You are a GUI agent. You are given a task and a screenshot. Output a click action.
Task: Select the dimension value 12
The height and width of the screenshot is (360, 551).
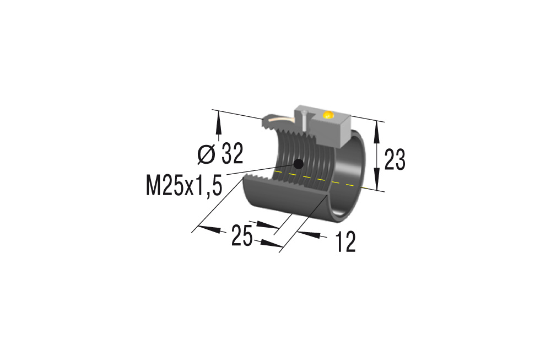click(x=345, y=243)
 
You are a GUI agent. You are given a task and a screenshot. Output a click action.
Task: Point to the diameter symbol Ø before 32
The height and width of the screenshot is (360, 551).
click(x=206, y=154)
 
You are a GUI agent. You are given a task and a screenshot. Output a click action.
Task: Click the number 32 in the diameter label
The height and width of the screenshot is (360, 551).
click(x=232, y=154)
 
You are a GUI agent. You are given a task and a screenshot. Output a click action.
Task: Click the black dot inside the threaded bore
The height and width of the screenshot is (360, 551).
click(x=299, y=163)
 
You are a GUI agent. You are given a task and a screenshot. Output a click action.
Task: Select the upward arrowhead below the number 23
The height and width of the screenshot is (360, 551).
click(x=377, y=181)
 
